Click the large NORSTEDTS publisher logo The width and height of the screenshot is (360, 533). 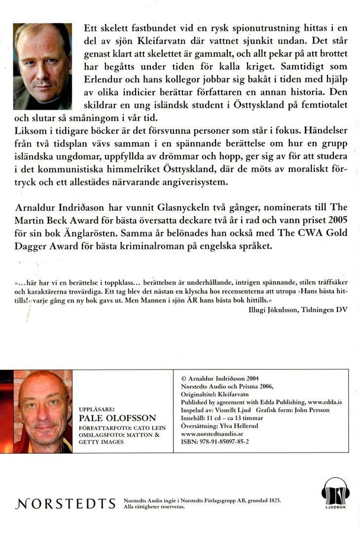(x=66, y=503)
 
